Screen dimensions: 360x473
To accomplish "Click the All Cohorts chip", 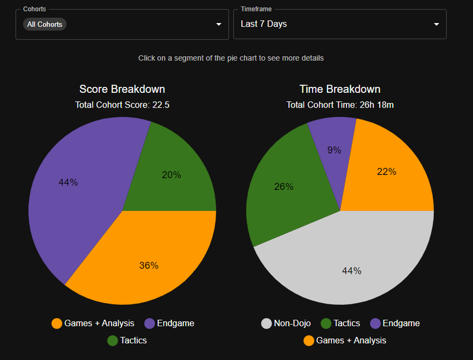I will pyautogui.click(x=44, y=24).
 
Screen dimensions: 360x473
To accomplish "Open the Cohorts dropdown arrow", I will pyautogui.click(x=219, y=24).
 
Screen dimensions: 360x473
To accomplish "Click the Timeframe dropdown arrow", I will pyautogui.click(x=436, y=24).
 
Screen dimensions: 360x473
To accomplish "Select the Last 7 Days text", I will pyautogui.click(x=264, y=24).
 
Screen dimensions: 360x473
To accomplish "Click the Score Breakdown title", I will pyautogui.click(x=122, y=89).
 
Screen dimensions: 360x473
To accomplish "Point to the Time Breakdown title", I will pyautogui.click(x=340, y=89).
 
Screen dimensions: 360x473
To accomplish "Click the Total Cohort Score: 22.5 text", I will pyautogui.click(x=122, y=105).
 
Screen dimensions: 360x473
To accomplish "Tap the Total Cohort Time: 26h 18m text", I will pyautogui.click(x=340, y=105).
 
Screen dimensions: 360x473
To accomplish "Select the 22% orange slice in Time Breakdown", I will pyautogui.click(x=387, y=174).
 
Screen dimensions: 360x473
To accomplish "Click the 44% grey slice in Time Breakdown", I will pyautogui.click(x=349, y=266).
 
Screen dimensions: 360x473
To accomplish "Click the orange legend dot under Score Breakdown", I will pyautogui.click(x=57, y=323).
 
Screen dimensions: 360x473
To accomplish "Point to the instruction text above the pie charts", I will pyautogui.click(x=231, y=58).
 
